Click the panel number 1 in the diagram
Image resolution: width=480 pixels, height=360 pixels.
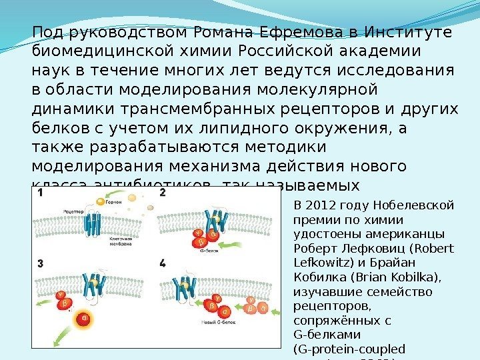[41, 193]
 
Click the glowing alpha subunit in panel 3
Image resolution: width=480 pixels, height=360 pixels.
[85, 318]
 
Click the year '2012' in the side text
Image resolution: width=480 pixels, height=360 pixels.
[321, 204]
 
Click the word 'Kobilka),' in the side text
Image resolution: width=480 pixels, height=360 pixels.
[388, 278]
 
